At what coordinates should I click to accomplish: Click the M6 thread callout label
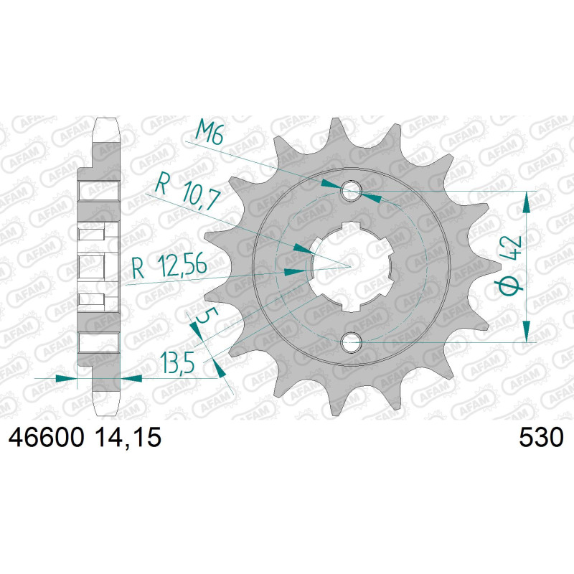click(210, 133)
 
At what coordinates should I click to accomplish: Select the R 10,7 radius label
click(187, 192)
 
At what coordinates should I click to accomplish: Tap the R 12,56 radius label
click(169, 265)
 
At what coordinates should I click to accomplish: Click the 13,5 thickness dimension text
click(176, 363)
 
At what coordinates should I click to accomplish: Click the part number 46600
click(46, 438)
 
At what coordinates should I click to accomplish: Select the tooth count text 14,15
click(128, 438)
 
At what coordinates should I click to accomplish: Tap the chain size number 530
click(541, 438)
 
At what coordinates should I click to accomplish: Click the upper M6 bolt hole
click(351, 191)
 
